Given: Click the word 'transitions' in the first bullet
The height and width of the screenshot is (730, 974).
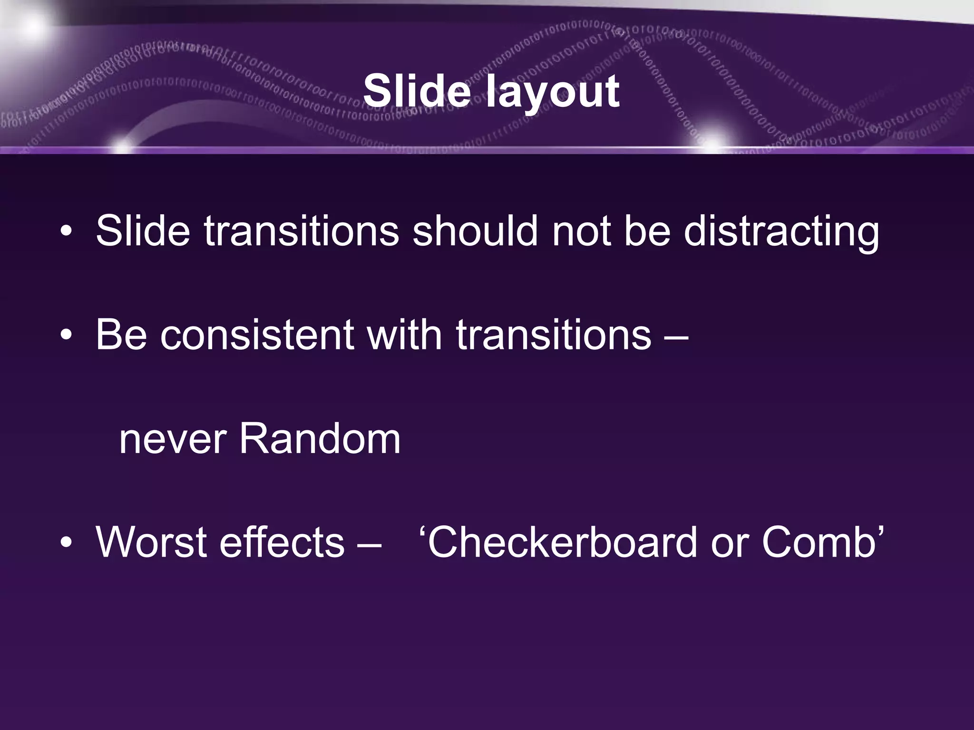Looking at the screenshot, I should click(302, 231).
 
